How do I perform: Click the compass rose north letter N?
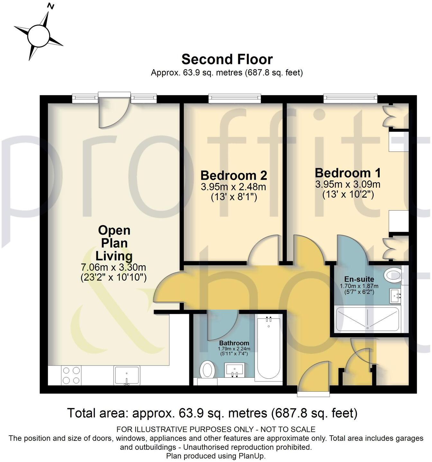(x=50, y=6)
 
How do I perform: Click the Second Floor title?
(x=227, y=59)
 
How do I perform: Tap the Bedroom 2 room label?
(x=234, y=176)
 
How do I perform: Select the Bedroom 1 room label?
(x=348, y=173)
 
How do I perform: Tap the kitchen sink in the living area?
(x=127, y=375)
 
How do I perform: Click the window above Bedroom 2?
(x=234, y=98)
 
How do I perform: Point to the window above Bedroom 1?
(x=350, y=98)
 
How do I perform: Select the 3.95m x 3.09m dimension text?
(x=348, y=185)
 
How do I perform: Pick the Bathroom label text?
(x=234, y=343)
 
